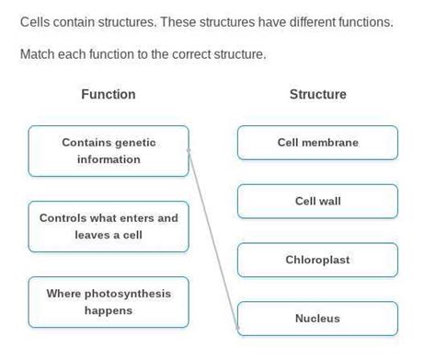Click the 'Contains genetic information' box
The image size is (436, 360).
tap(109, 151)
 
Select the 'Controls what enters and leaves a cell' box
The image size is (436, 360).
tap(109, 226)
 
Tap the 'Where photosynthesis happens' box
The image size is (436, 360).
tap(109, 302)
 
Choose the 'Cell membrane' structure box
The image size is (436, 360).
tap(317, 143)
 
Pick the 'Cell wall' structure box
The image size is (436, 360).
tap(317, 201)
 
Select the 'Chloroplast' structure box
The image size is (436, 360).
tap(317, 260)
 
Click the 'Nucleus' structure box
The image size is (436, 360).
tap(317, 319)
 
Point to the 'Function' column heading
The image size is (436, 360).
tap(109, 94)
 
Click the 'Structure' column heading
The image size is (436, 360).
tap(317, 94)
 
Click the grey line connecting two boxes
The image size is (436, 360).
tap(213, 239)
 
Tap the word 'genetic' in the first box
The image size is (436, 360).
tap(135, 143)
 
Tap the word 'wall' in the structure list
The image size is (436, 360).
tap(329, 201)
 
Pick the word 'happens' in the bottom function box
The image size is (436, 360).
tap(109, 310)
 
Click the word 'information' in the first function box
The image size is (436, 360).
tap(109, 159)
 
